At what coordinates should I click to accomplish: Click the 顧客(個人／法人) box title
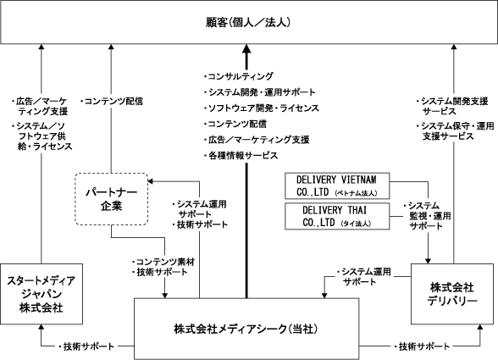point(248,22)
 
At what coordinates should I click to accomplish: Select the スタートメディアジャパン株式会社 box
point(41,294)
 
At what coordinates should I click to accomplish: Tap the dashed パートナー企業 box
point(112,199)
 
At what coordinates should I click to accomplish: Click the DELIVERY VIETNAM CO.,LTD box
point(337,186)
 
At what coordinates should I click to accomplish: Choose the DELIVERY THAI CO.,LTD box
point(337,216)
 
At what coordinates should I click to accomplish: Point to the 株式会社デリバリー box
point(452,294)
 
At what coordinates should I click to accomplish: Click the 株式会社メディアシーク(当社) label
point(246,329)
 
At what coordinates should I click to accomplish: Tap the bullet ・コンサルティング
point(239,76)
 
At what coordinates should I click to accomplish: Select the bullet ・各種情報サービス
point(241,156)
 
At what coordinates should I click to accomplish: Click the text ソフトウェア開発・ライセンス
point(263,108)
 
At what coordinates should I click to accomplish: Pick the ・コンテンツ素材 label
point(163,262)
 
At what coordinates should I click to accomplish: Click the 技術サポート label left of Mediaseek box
point(86,346)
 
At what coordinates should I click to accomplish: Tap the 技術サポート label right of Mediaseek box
point(422,346)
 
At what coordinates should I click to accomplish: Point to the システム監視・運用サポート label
point(427,216)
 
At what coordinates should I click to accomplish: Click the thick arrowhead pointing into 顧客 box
point(246,48)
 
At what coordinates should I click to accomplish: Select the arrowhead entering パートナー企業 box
point(151,181)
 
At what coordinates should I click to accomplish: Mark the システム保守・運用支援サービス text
point(455,131)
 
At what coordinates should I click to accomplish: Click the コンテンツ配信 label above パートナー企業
point(112,102)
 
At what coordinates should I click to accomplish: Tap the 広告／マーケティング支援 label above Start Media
point(39,107)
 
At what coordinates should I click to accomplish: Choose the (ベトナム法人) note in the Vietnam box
point(356,193)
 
